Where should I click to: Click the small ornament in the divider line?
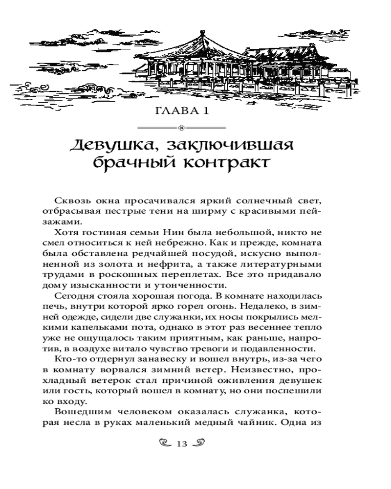182,128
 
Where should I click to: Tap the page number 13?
182,444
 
